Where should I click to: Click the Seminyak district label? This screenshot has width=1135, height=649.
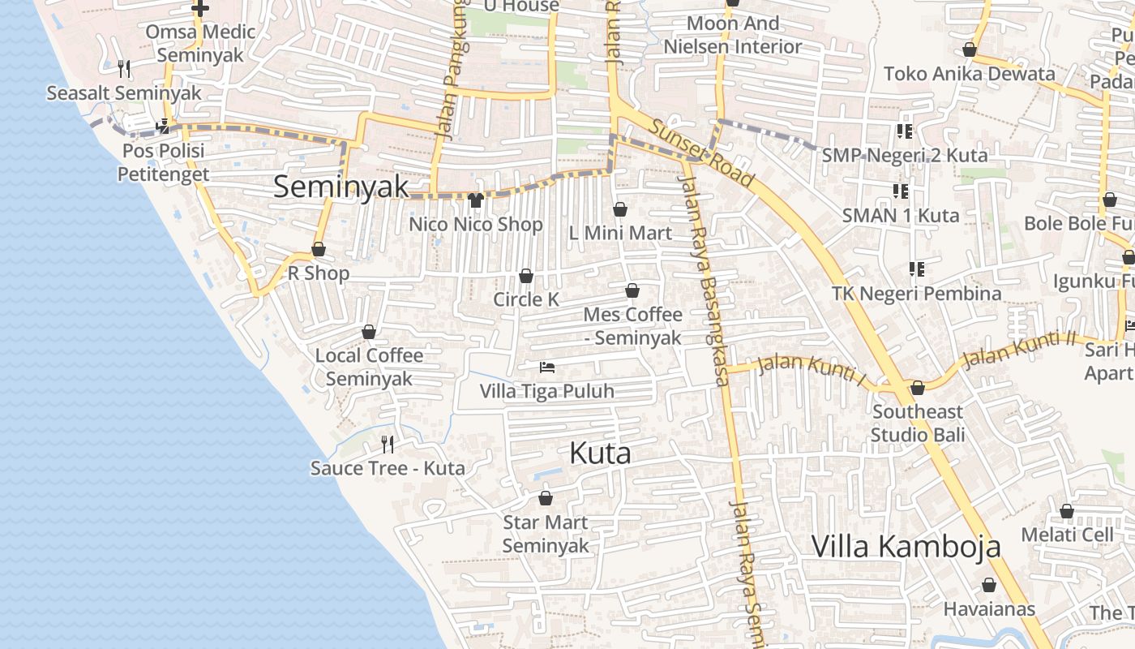340,187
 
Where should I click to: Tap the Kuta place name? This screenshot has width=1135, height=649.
600,453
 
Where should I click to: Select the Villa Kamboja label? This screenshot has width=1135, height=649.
906,546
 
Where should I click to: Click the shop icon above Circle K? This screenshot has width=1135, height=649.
525,276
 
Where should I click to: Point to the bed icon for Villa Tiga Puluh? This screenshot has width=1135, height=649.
547,367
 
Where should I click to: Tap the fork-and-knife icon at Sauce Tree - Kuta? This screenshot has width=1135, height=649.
388,444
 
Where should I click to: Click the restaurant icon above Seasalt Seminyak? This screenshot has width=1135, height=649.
123,69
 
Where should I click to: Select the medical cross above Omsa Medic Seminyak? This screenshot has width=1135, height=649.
199,9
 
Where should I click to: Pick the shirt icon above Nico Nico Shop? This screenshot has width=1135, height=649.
475,200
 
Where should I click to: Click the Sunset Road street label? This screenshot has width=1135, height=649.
702,154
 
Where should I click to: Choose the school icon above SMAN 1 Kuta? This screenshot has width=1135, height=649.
900,191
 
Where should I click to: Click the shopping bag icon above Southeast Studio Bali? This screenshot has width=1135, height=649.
918,388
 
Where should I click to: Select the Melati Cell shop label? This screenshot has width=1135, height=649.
1068,535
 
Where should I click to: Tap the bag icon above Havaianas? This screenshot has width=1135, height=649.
988,585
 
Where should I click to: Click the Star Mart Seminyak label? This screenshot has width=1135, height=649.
545,534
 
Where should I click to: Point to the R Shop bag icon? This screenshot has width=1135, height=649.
319,249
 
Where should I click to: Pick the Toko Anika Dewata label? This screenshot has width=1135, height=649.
970,74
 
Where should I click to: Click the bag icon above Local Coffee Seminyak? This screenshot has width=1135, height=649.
369,332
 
